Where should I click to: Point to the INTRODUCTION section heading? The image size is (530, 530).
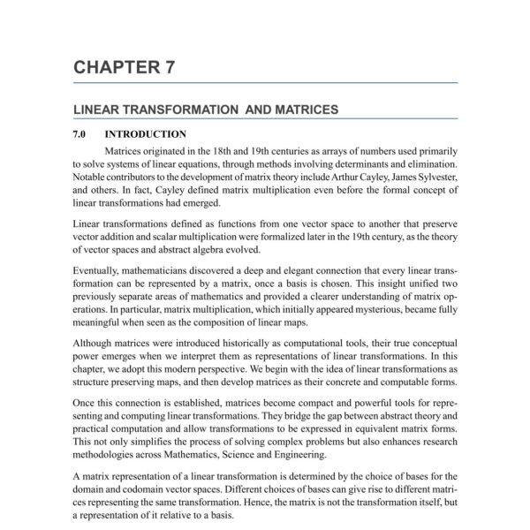[145, 134]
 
